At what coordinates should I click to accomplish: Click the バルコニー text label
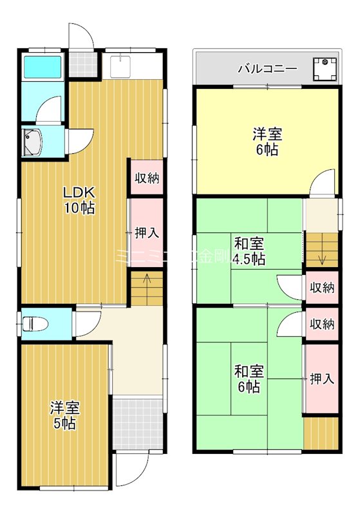pos(267,68)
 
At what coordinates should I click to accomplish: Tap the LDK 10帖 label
pos(79,200)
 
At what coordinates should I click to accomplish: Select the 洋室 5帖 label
pos(64,415)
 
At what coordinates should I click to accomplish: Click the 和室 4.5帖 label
pos(249,252)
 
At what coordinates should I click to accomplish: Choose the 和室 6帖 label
pos(247,379)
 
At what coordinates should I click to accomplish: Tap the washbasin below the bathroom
pos(32,142)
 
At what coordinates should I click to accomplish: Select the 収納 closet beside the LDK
pos(147,178)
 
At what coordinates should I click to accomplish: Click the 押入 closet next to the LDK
pos(147,232)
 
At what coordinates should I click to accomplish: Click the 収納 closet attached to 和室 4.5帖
pos(322,288)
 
